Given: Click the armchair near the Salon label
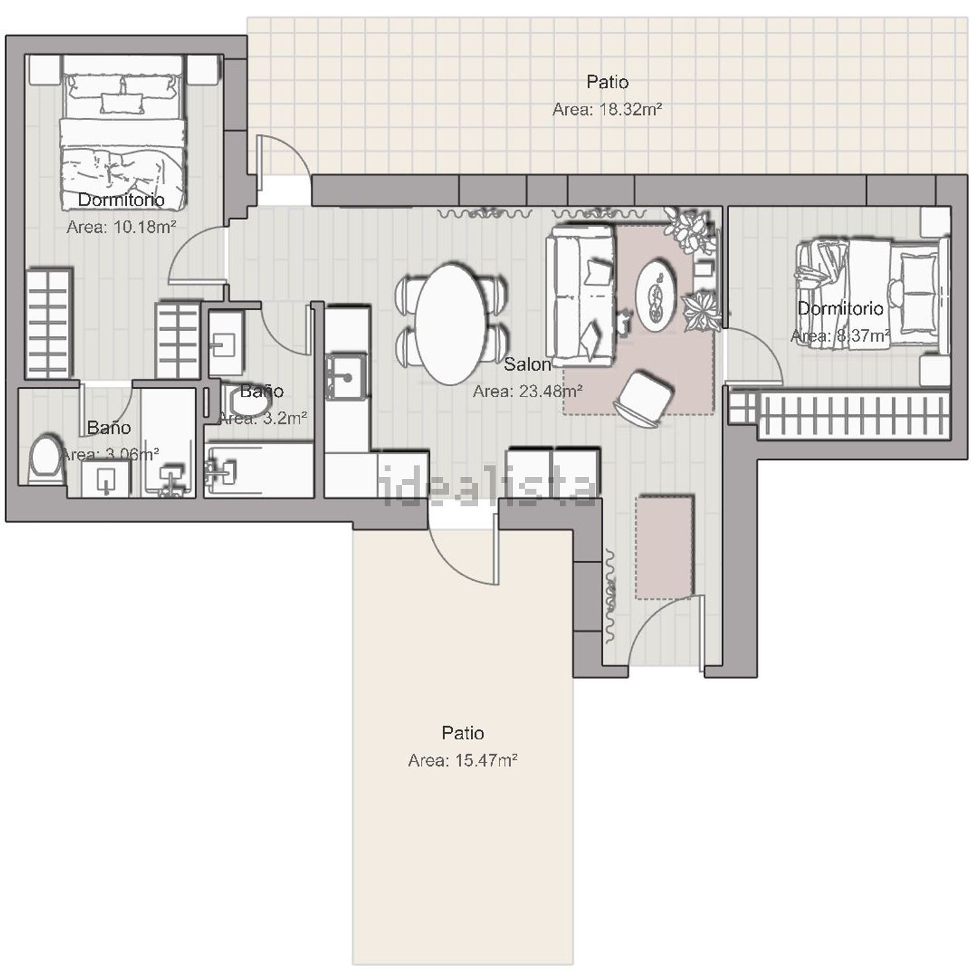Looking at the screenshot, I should [643, 399].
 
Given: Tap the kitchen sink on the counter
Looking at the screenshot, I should [346, 376].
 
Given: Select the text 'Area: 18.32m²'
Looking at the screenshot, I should [607, 110].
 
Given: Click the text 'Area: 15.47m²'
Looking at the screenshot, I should [462, 760].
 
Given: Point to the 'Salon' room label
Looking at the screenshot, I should [527, 365].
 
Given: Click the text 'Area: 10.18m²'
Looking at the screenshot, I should [121, 227].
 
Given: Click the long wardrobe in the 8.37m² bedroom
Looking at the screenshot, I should [843, 414].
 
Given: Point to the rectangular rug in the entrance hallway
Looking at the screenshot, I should [664, 547].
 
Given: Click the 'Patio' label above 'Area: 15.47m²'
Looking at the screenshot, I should [462, 733].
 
